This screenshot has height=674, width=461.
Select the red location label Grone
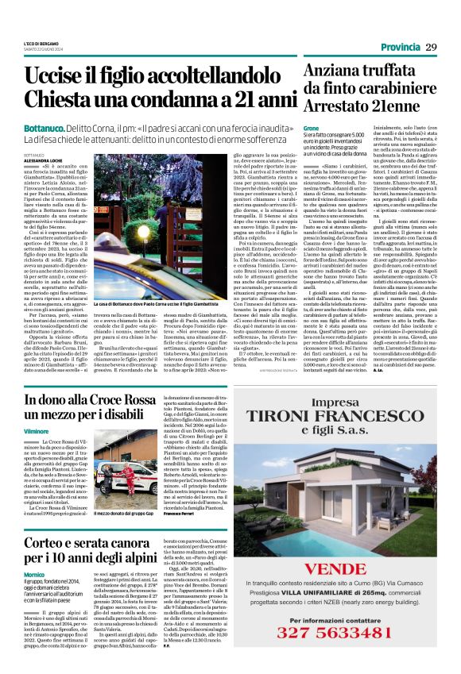311,128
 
